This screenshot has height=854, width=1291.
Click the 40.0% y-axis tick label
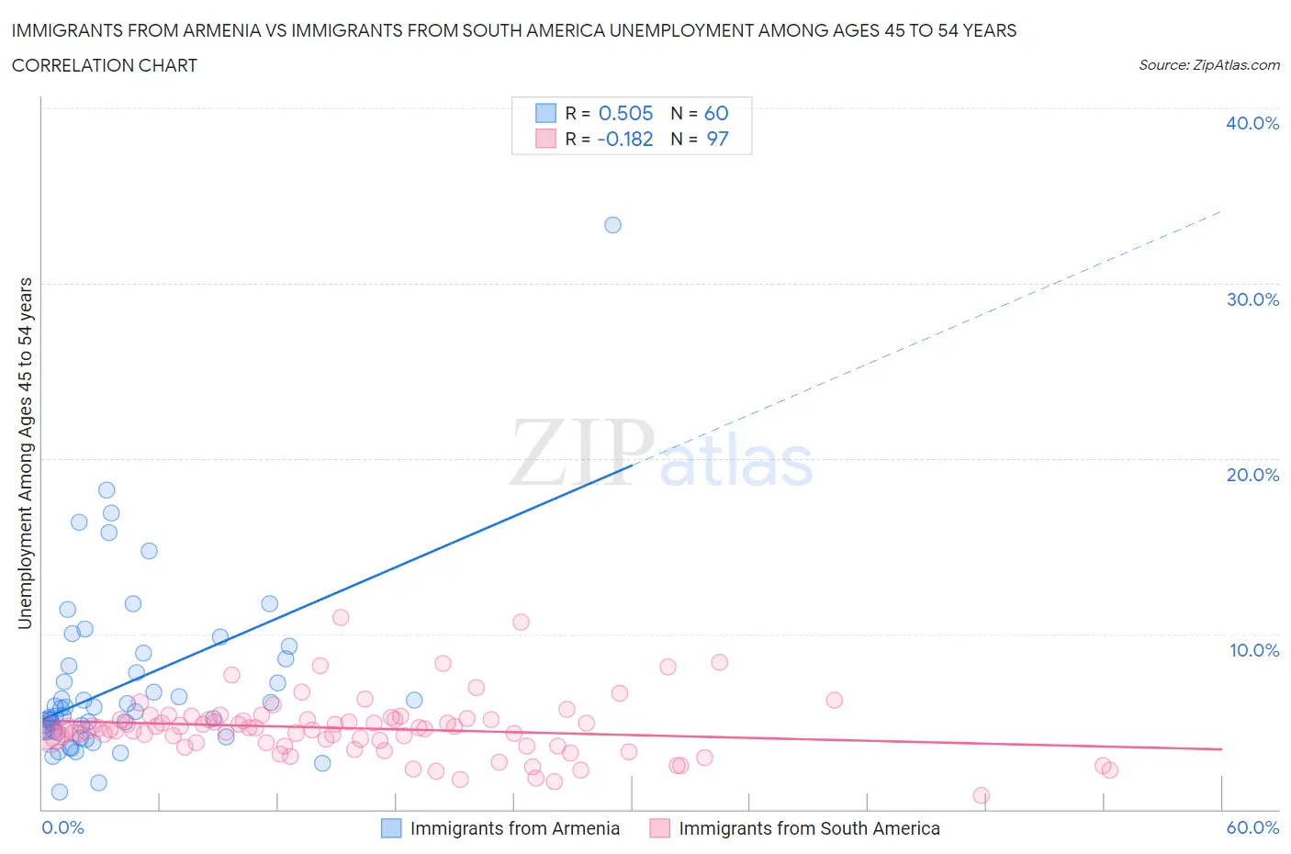pos(1252,123)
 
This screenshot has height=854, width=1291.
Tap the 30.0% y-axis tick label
pos(1252,299)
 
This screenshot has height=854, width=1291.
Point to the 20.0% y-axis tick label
pos(1252,475)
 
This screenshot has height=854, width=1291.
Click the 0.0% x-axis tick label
pos(62,827)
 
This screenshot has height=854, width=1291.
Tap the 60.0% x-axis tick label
pos(1252,827)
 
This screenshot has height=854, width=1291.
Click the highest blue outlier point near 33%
pos(612,225)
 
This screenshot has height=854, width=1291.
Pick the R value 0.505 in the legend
pos(625,113)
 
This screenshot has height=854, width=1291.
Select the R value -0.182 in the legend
pos(624,139)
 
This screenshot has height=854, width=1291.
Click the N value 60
pos(716,113)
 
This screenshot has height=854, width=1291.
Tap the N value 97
pos(717,139)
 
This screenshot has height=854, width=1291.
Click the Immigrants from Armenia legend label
pos(514,828)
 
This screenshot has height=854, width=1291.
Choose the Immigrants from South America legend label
pos(809,828)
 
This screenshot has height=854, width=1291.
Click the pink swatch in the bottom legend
pos(659,828)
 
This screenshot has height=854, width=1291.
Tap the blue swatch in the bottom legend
pos(391,828)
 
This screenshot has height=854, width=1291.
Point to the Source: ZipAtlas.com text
pos(1208,65)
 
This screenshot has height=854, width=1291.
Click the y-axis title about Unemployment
pos(25,454)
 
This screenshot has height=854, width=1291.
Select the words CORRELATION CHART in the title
pos(105,65)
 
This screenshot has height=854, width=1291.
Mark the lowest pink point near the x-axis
pos(981,795)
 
